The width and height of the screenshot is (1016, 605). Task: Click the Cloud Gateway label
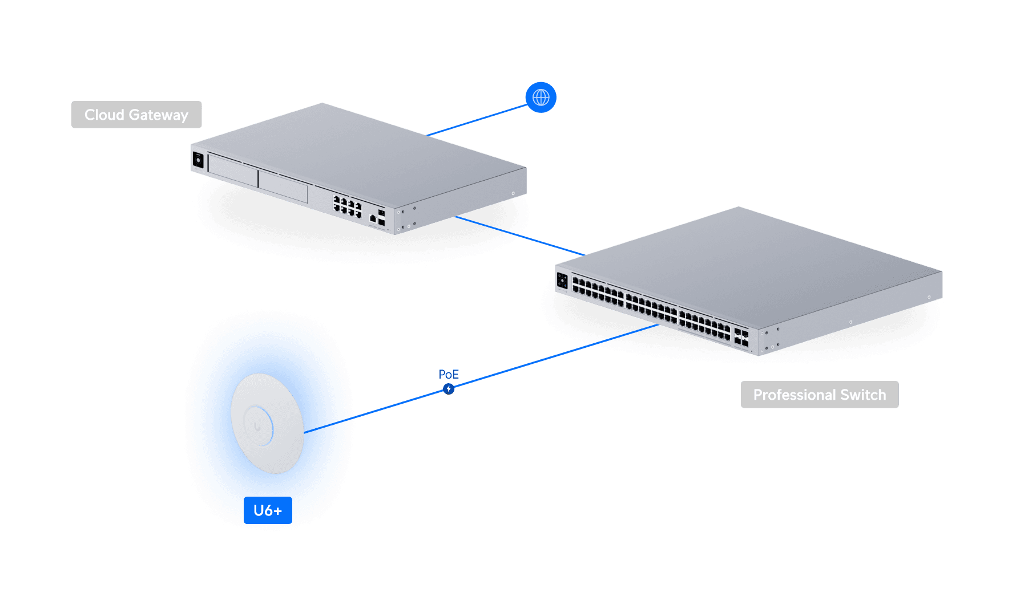click(x=136, y=115)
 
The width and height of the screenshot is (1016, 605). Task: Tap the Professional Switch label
click(x=819, y=395)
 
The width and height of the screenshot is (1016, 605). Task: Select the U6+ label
click(x=268, y=510)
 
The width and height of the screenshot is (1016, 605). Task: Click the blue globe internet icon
click(x=541, y=98)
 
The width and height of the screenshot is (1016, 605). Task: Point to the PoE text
click(x=449, y=374)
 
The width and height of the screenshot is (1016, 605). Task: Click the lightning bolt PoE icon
click(x=449, y=389)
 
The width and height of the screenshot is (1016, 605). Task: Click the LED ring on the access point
click(x=258, y=425)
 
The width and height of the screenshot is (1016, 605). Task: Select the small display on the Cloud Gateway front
click(x=198, y=160)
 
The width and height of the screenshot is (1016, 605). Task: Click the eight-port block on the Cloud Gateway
click(x=348, y=206)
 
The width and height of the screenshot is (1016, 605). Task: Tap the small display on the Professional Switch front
click(x=562, y=280)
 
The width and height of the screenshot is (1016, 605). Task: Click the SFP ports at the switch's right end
click(x=741, y=337)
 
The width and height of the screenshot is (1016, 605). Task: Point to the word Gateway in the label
click(x=159, y=115)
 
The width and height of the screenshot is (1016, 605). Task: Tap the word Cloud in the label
click(x=104, y=115)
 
